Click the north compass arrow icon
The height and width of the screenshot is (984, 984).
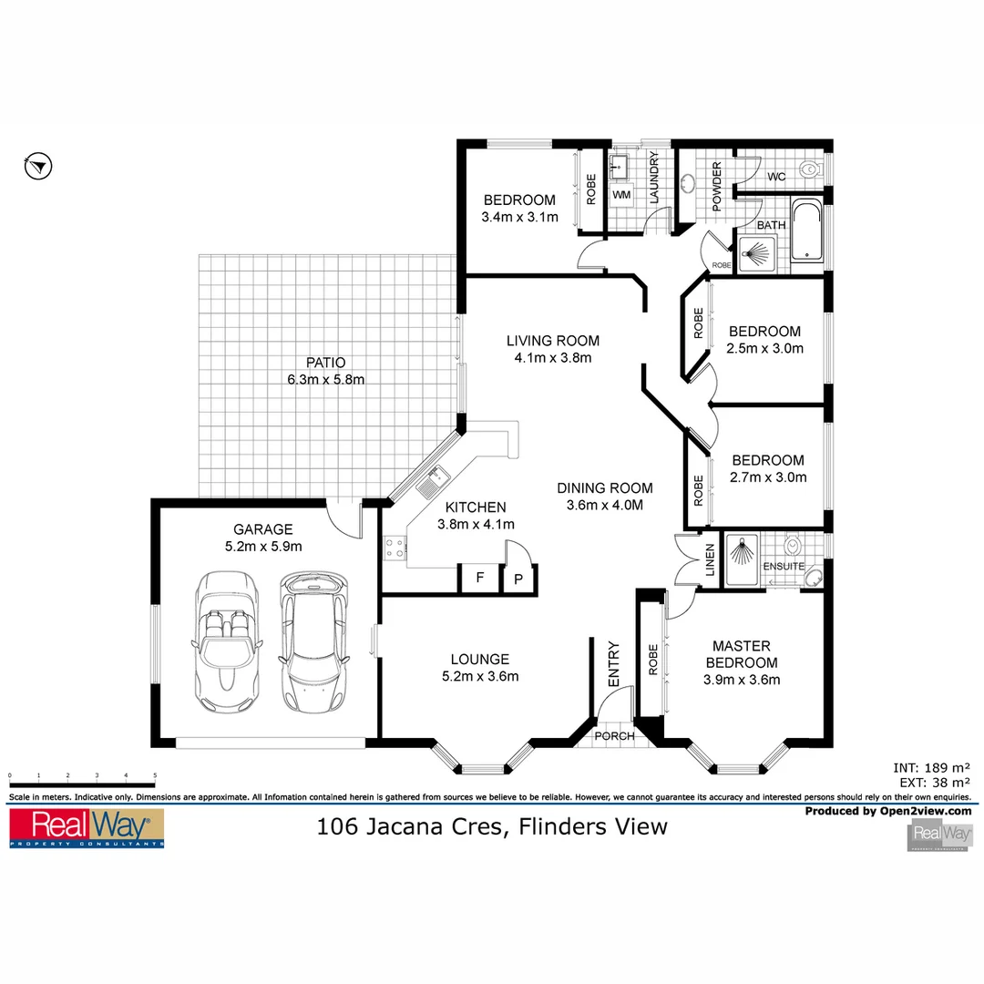38,166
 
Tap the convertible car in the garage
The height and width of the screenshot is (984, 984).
225,643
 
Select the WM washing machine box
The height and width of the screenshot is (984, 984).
621,195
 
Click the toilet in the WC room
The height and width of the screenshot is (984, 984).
808,169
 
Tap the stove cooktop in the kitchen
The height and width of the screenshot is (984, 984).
395,548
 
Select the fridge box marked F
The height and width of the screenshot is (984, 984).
478,578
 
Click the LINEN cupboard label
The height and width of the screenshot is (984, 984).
710,560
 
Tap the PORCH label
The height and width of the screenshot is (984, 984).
614,736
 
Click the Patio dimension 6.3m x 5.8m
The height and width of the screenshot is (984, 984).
326,379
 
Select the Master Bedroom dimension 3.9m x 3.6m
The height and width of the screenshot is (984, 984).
742,679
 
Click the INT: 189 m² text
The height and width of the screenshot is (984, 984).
932,767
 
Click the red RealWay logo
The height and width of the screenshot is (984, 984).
87,826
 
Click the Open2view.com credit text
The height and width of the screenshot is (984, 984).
887,810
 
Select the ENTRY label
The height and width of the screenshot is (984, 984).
613,665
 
